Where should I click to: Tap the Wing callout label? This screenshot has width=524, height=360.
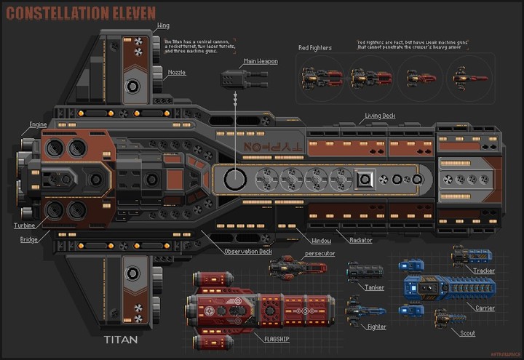(163, 26)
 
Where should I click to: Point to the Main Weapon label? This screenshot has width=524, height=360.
(261, 62)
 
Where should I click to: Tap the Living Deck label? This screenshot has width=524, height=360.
(380, 116)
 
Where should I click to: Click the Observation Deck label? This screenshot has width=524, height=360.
(248, 251)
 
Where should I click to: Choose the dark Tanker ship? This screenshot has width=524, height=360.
(364, 273)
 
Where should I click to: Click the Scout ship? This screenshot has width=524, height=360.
(445, 318)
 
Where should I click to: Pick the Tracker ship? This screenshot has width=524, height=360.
(472, 256)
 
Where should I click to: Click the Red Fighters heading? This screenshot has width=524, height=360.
(315, 48)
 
